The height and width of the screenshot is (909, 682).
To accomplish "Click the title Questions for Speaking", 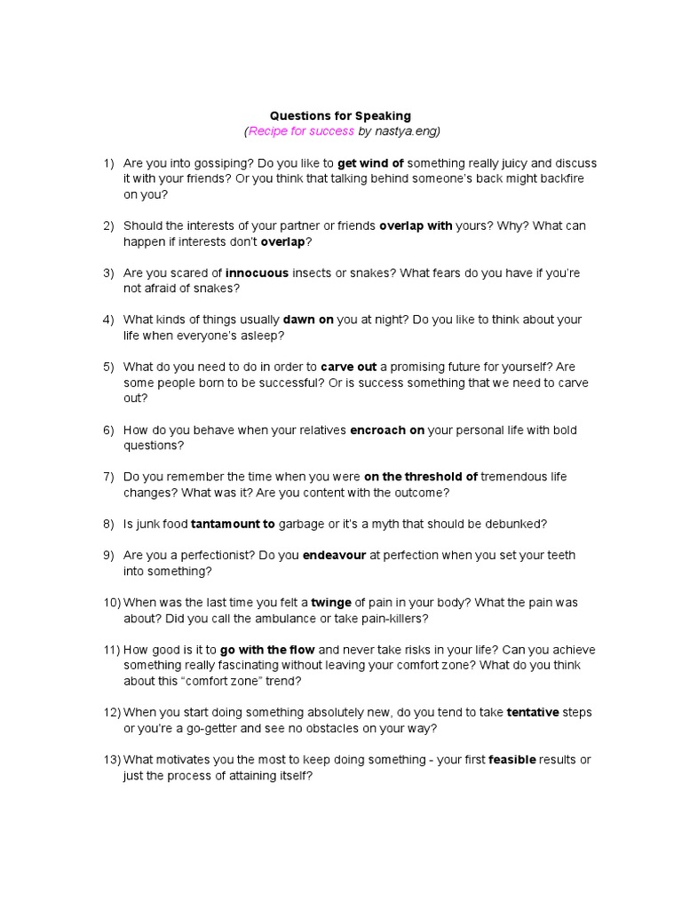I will coord(340,116).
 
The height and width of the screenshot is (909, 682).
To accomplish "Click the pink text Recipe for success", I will coord(301,131).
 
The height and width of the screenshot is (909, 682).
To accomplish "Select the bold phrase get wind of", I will coord(370,163).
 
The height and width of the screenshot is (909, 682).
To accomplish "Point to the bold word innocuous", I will coord(257,273).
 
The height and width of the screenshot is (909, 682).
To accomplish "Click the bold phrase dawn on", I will coord(308,320).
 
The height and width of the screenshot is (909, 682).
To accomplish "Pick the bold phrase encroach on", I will coord(387,431).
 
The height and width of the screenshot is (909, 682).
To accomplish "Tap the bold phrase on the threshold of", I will coord(421,477).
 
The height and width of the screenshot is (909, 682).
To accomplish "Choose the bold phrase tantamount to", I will coord(233,524).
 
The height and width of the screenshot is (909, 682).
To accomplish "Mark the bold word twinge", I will coord(331,603).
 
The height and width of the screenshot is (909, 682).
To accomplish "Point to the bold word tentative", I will coord(533,713).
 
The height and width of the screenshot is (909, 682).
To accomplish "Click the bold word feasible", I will coord(512,760).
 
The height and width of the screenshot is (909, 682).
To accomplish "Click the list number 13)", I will coord(112,760).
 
